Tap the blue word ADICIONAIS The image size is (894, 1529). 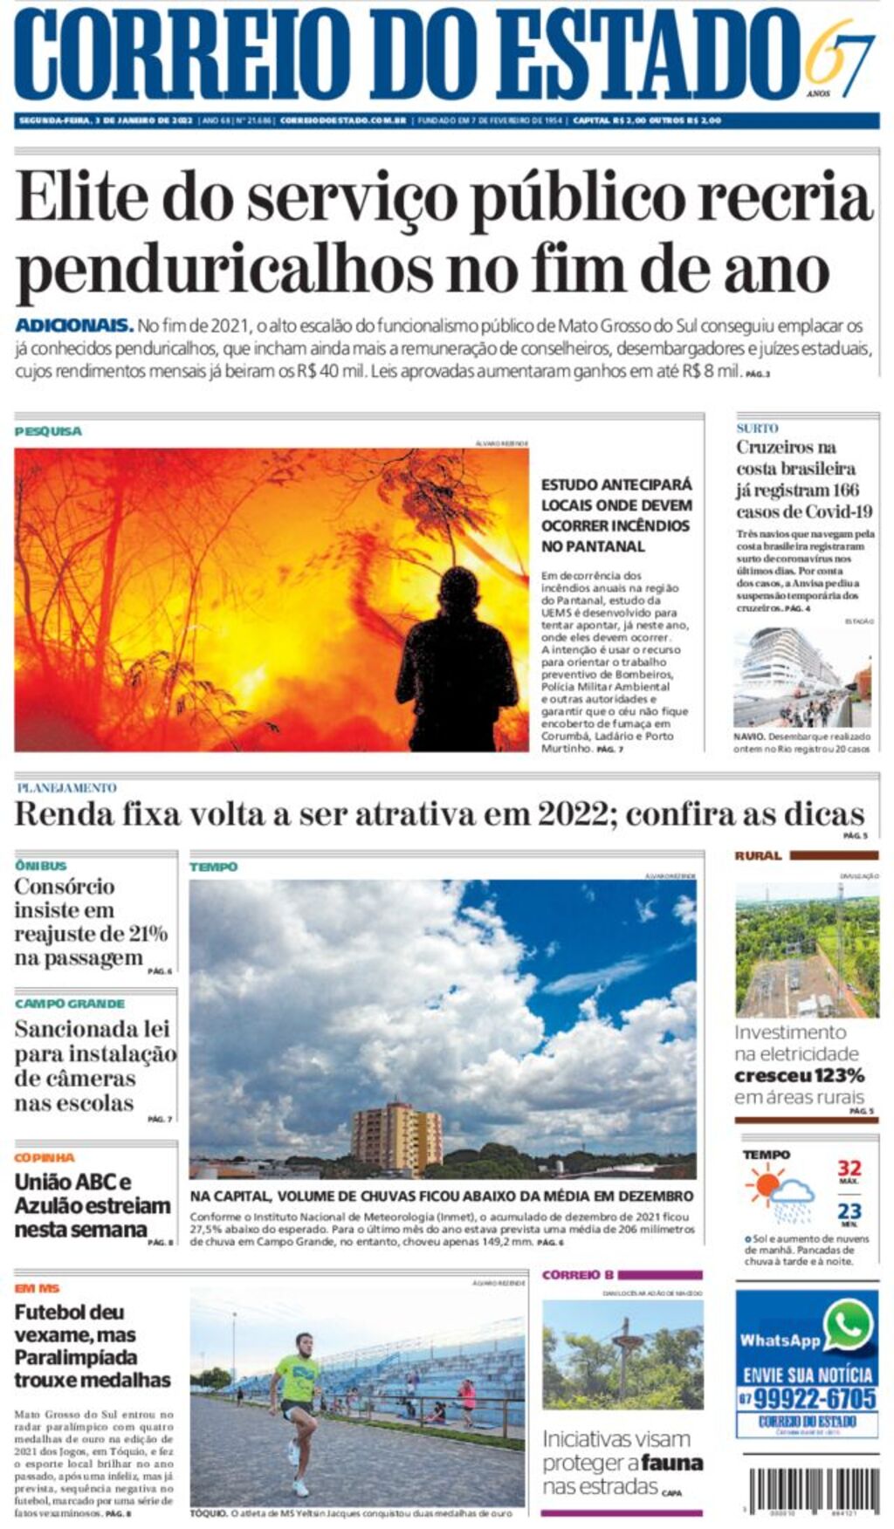pos(73,326)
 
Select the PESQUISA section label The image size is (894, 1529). pos(48,431)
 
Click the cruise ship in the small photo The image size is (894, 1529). pos(786,668)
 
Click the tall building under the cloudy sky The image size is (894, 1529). pos(396,1136)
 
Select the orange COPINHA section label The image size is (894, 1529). pos(45,1157)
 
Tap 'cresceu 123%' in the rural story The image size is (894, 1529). pos(799,1076)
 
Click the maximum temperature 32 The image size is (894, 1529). pos(849,1169)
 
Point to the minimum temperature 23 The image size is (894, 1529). pos(849,1211)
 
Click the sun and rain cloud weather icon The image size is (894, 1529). pos(779,1193)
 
